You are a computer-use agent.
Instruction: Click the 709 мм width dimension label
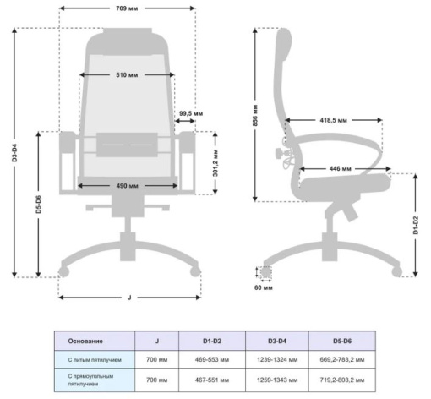pyautogui.click(x=127, y=8)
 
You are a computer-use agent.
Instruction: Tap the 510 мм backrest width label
pyautogui.click(x=127, y=75)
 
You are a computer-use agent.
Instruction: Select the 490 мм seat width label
pyautogui.click(x=127, y=186)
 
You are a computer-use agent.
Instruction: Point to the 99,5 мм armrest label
pyautogui.click(x=191, y=113)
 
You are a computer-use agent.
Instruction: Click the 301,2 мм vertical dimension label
pyautogui.click(x=215, y=163)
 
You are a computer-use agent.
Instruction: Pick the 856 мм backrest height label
pyautogui.click(x=255, y=115)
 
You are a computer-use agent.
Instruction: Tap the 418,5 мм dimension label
pyautogui.click(x=333, y=120)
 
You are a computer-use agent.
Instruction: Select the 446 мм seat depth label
pyautogui.click(x=341, y=169)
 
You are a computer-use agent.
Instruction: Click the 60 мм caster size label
pyautogui.click(x=264, y=287)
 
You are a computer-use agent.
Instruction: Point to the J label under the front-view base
pyautogui.click(x=129, y=298)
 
